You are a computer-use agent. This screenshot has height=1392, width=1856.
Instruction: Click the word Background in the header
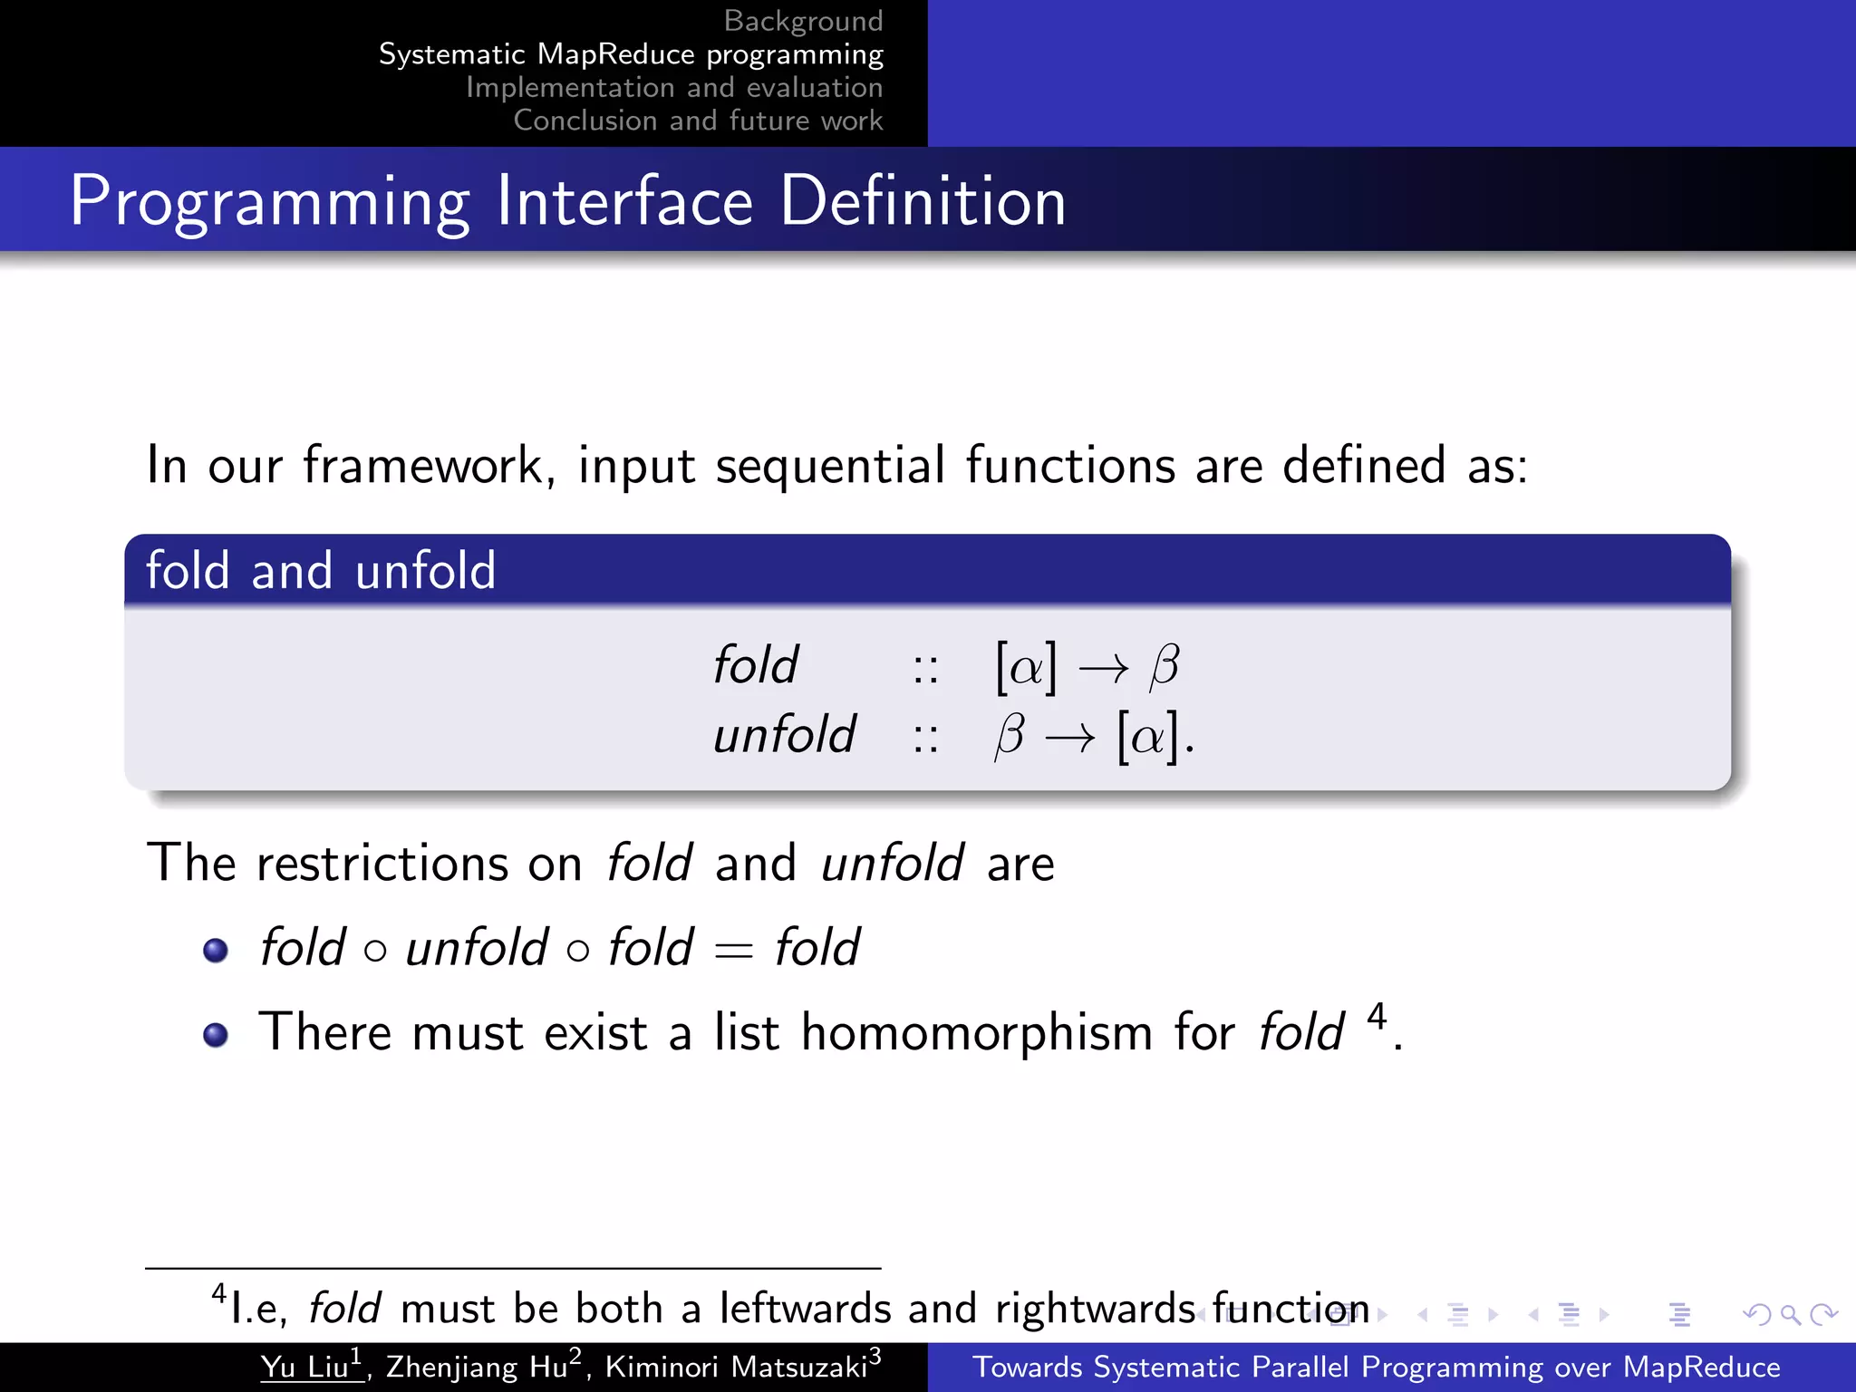[x=803, y=21]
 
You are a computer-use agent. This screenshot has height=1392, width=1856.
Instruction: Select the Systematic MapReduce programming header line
[x=631, y=54]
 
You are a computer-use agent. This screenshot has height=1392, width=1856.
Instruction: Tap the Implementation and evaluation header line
[x=674, y=88]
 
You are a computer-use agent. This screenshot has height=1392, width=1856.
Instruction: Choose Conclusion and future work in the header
[x=698, y=121]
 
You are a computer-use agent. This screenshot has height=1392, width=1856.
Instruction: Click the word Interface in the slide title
[x=624, y=200]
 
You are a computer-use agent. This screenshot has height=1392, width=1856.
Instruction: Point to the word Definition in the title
[x=923, y=200]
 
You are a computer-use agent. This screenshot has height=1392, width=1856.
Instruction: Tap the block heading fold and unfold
[x=321, y=571]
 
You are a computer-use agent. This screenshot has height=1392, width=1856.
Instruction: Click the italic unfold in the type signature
[x=784, y=734]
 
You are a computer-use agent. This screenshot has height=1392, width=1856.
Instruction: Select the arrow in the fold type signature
[x=1103, y=669]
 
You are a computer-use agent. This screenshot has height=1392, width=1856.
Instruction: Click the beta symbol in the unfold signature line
[x=1009, y=735]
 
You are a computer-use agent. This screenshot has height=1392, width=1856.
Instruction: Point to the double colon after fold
[x=925, y=669]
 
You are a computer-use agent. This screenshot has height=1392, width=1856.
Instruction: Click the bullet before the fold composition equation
[x=216, y=950]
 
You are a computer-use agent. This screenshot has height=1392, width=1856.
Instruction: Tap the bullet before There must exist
[x=216, y=1034]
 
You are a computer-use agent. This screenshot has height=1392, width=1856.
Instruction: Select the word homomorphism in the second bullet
[x=976, y=1032]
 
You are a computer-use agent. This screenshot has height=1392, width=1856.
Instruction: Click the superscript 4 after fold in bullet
[x=1377, y=1017]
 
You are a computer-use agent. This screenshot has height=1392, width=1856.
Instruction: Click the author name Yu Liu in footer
[x=305, y=1367]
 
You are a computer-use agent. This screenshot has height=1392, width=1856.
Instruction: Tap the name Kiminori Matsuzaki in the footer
[x=736, y=1367]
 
